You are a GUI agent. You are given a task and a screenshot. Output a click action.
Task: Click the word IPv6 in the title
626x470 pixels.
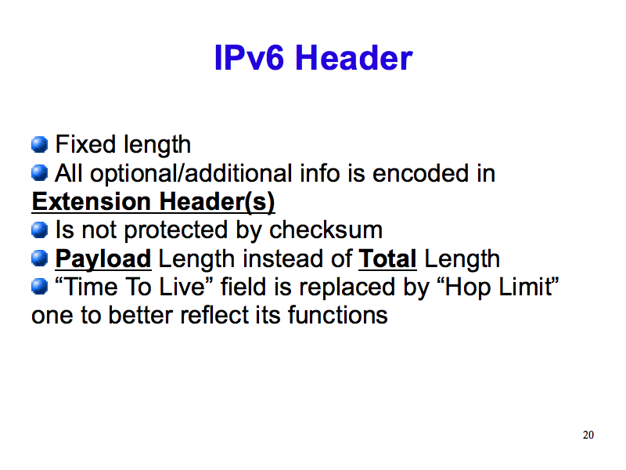pyautogui.click(x=249, y=57)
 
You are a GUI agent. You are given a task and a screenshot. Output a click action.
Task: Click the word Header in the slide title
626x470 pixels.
pyautogui.click(x=354, y=57)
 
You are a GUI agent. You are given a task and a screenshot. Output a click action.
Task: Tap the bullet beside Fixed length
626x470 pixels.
pyautogui.click(x=40, y=144)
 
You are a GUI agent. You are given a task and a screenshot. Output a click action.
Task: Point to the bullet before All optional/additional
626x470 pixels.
pyautogui.click(x=40, y=173)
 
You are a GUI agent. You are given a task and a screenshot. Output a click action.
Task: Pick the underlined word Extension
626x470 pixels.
pyautogui.click(x=91, y=201)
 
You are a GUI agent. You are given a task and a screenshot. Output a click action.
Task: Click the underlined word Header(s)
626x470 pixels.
pyautogui.click(x=218, y=201)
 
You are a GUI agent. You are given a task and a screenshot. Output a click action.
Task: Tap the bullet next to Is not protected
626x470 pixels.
pyautogui.click(x=40, y=230)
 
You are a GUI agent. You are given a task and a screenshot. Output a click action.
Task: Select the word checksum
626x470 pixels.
pyautogui.click(x=326, y=230)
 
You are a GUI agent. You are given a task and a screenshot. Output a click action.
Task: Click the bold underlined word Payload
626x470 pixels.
pyautogui.click(x=103, y=259)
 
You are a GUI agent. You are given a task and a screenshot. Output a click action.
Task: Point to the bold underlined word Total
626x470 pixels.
pyautogui.click(x=387, y=258)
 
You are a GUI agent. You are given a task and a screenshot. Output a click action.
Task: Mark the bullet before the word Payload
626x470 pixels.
pyautogui.click(x=40, y=258)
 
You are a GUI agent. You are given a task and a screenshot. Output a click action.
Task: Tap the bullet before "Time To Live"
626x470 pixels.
pyautogui.click(x=40, y=287)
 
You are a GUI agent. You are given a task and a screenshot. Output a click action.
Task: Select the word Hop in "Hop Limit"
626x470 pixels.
pyautogui.click(x=468, y=287)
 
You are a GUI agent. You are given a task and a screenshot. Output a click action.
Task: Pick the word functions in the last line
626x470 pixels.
pyautogui.click(x=338, y=315)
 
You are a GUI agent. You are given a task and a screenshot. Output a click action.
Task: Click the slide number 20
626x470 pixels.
pyautogui.click(x=588, y=435)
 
